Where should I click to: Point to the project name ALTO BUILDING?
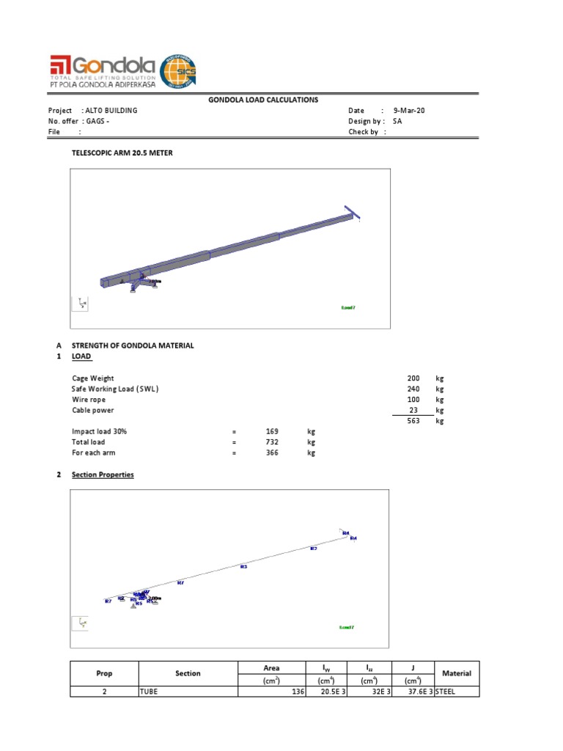(111, 111)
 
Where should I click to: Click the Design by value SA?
(397, 121)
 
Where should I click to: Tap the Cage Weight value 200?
(413, 378)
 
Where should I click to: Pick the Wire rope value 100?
(413, 400)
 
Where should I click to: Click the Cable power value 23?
(415, 411)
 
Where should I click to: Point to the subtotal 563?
(413, 422)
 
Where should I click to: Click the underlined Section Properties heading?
(103, 475)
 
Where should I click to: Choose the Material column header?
(457, 673)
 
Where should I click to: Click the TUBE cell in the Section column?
(149, 692)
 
